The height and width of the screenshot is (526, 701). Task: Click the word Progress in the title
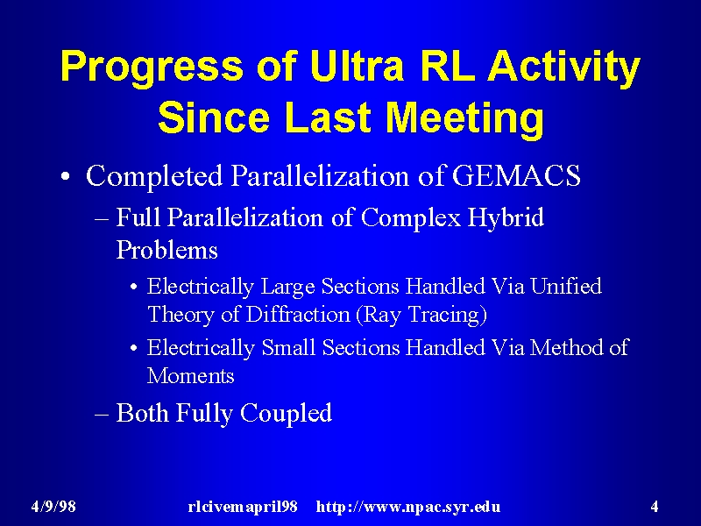point(152,68)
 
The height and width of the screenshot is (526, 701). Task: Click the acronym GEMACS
point(516,175)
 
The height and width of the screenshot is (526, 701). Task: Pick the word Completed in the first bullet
point(154,176)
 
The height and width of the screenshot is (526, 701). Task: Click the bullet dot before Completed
point(65,176)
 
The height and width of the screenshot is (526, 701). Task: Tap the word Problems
point(166,250)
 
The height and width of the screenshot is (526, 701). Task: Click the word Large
point(287,288)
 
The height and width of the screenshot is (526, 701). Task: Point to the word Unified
point(566,286)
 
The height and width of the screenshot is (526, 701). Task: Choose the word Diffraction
point(298,314)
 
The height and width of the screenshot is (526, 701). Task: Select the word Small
point(288,347)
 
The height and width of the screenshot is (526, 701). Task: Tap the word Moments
point(190,375)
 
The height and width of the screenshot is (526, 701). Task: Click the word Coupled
point(287,413)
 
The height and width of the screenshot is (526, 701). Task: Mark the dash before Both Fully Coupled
point(102,414)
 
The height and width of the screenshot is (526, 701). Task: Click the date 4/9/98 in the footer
point(53,507)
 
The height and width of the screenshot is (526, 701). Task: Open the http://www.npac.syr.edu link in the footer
point(408,508)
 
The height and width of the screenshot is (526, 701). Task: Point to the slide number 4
point(655,507)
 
